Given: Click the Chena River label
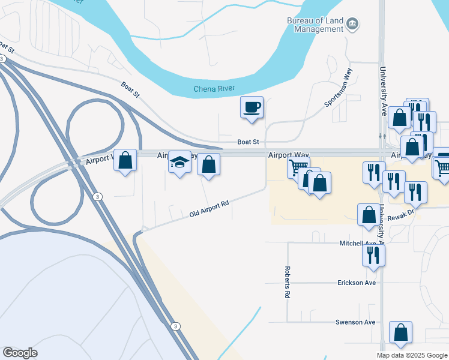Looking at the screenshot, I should point(214,89).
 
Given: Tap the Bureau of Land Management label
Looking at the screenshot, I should point(315,25).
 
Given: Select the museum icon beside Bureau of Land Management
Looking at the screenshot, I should point(352,25).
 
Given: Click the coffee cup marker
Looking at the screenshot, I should point(252,108).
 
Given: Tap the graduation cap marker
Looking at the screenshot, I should point(179,163).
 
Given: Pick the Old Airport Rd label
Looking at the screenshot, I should point(209,209).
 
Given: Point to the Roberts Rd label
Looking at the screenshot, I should point(288,283).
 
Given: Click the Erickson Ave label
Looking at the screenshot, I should point(357,283).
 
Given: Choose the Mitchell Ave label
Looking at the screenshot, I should point(358,243).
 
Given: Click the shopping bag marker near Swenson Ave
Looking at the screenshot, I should point(400,333).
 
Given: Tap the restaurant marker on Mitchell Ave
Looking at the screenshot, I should point(373,256).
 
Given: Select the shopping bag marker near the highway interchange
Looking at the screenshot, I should point(125,161).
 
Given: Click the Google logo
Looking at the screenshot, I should point(20,353).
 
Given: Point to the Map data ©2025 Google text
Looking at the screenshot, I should point(411,355).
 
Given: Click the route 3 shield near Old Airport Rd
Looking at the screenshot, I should point(98,196).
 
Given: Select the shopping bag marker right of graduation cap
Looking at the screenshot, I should point(208,165).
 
